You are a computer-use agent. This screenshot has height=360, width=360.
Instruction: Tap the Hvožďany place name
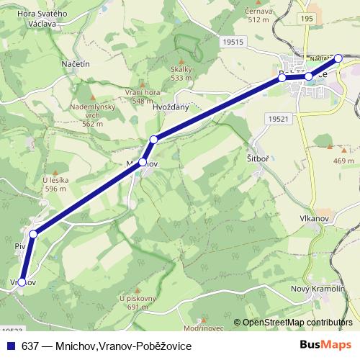pos(171,107)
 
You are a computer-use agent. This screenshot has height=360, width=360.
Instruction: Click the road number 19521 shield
pos(276,118)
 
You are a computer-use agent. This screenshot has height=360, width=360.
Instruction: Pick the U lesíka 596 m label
pos(55,184)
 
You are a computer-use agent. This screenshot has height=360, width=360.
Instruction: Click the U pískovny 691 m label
pos(138,302)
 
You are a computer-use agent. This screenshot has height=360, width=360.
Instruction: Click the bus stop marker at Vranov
pos(22,282)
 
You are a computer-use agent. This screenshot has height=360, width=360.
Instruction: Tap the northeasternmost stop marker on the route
pos(338,58)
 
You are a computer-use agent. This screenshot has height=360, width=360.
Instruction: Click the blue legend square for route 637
pos(8,346)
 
